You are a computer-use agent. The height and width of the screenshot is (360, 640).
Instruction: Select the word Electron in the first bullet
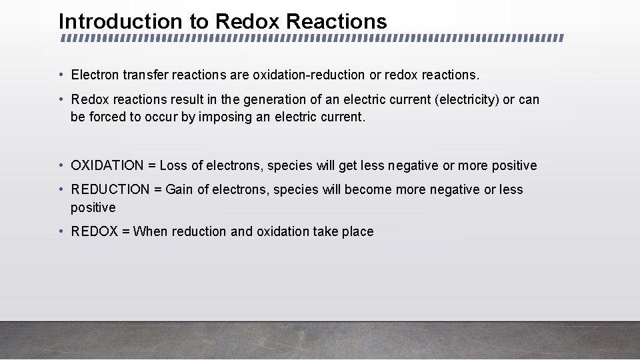coord(95,74)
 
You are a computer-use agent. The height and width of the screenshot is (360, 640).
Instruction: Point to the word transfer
coord(146,74)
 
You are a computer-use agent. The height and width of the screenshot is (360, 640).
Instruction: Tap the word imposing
coord(225,117)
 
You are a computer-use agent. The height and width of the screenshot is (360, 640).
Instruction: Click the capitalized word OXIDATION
coord(107,165)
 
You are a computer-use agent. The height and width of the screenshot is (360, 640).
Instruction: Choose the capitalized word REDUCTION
coord(110,189)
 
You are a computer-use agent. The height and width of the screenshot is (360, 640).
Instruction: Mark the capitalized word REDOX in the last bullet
coord(94,231)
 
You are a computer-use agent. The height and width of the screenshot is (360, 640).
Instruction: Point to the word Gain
coord(179,189)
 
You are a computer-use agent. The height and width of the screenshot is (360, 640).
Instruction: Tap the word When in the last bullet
coord(151,231)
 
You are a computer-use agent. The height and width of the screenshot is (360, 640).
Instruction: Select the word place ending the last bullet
coord(357,231)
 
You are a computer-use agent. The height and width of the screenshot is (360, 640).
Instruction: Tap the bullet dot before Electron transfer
coord(61,74)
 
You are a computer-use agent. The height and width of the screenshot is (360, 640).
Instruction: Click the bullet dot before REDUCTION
coord(61,189)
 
